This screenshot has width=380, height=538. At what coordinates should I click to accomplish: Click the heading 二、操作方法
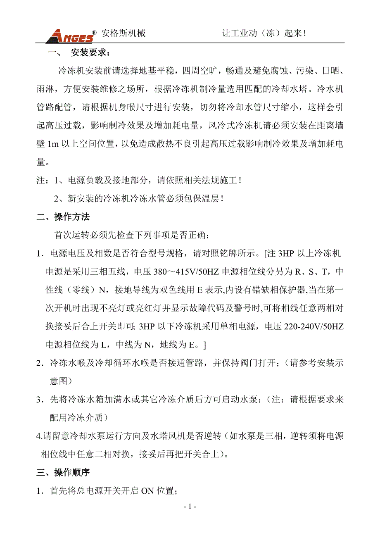[63, 217]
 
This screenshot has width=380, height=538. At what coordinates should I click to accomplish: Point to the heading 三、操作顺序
[63, 472]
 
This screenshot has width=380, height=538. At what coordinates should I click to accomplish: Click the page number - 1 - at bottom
[190, 506]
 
